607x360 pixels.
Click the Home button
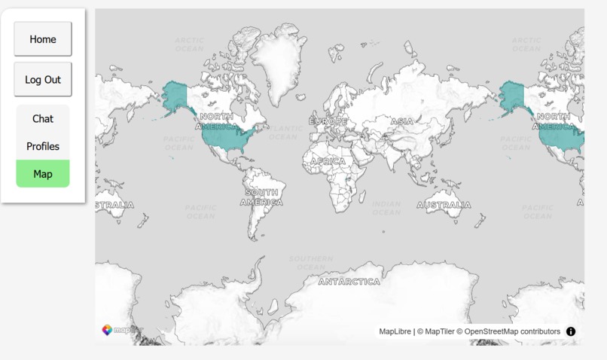coord(43,39)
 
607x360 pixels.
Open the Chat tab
coord(43,119)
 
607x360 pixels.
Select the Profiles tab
coord(43,146)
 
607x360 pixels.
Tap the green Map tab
coord(43,174)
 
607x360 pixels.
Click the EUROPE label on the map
coord(328,121)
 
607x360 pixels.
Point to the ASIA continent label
coord(401,121)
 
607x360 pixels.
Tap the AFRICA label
coord(328,161)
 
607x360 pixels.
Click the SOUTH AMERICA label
coord(262,197)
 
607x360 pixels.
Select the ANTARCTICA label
coord(349,282)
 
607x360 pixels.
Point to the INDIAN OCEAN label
coord(386,208)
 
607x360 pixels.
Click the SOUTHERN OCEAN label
coord(311,263)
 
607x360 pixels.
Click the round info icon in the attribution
coord(571,331)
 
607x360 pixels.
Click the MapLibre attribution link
coord(395,331)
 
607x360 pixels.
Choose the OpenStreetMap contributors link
coord(512,331)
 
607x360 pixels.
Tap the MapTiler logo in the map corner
coord(118,330)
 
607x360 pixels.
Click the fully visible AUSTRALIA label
coord(444,205)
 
